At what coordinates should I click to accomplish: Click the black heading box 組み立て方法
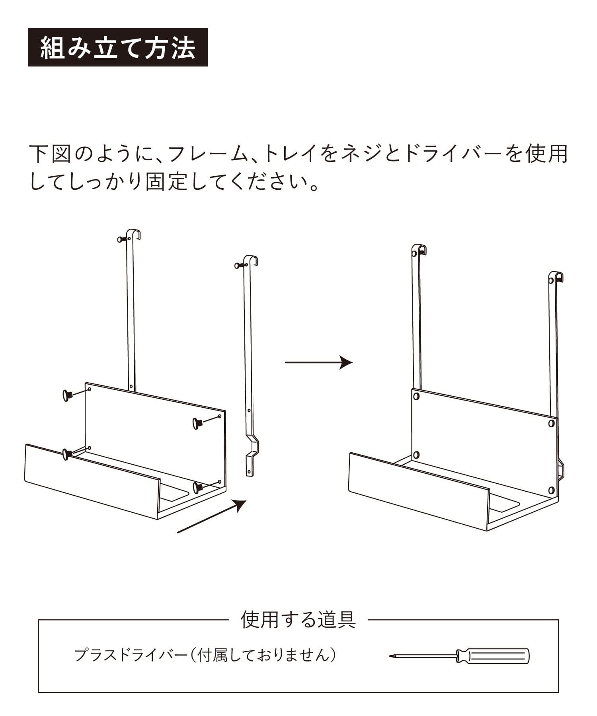tap(118, 47)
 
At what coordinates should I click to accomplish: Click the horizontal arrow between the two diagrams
tap(319, 362)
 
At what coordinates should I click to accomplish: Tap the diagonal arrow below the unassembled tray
tap(211, 516)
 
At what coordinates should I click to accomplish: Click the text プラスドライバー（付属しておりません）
tap(205, 655)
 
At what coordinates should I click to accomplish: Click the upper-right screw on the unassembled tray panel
tap(197, 423)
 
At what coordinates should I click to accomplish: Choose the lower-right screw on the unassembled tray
tap(198, 487)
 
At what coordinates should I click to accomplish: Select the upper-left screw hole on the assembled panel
tap(416, 396)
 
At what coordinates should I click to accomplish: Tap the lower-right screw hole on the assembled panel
tap(551, 490)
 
